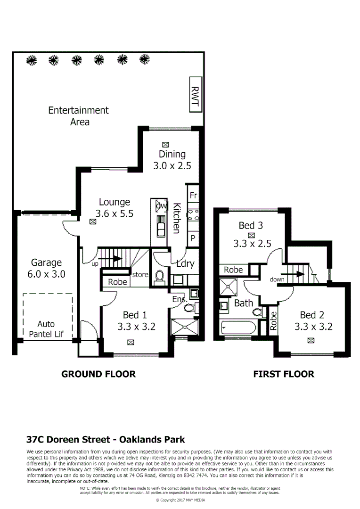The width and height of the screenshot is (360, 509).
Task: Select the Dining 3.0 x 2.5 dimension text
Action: pyautogui.click(x=172, y=165)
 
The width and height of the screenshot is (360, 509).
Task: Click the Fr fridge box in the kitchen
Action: pyautogui.click(x=193, y=195)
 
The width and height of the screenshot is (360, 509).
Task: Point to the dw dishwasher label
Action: pyautogui.click(x=161, y=205)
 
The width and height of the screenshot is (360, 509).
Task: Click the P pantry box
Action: pyautogui.click(x=193, y=238)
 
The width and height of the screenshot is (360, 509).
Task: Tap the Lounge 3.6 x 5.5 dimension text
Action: pyautogui.click(x=114, y=213)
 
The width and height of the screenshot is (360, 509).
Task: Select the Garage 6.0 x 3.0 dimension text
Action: pyautogui.click(x=46, y=274)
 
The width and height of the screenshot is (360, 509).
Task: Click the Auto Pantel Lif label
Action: pyautogui.click(x=46, y=329)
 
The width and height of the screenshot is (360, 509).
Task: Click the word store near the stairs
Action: pyautogui.click(x=140, y=274)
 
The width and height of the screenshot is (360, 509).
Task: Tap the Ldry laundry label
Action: pyautogui.click(x=185, y=263)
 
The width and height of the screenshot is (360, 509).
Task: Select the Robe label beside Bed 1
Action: pyautogui.click(x=117, y=282)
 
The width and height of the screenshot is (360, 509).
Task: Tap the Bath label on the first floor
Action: pyautogui.click(x=244, y=303)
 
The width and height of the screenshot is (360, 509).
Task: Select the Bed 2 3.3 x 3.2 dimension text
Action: pyautogui.click(x=313, y=326)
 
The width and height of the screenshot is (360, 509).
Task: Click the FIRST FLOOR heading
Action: pyautogui.click(x=283, y=374)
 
